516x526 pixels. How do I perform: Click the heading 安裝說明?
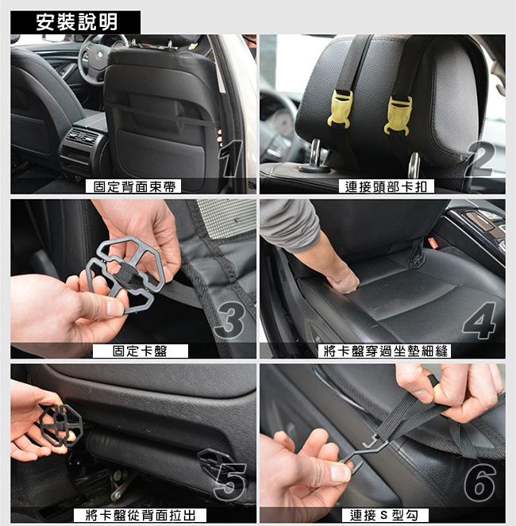pos(76,22)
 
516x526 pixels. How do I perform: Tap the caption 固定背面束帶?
pos(134,186)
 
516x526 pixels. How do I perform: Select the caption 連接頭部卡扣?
pos(386,186)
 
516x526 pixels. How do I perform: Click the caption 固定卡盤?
pos(140,351)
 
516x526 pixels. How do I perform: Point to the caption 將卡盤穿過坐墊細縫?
pos(385,351)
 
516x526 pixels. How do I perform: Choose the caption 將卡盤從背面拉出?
pos(141,515)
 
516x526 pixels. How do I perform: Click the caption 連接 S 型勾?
pos(384,515)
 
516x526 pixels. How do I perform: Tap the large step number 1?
pos(231,159)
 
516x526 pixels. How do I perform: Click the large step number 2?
pos(481,159)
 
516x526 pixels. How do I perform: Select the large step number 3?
pos(230,320)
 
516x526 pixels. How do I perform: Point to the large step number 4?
pos(479,321)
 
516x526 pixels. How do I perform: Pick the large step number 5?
pos(230,482)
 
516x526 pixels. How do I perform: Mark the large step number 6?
pos(480,482)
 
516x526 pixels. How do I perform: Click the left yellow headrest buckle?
pos(341,110)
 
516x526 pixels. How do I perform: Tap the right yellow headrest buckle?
pos(399,116)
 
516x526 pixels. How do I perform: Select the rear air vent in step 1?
pos(83,136)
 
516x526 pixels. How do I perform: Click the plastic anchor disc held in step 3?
pos(125,274)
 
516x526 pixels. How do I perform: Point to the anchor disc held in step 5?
pos(61,425)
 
